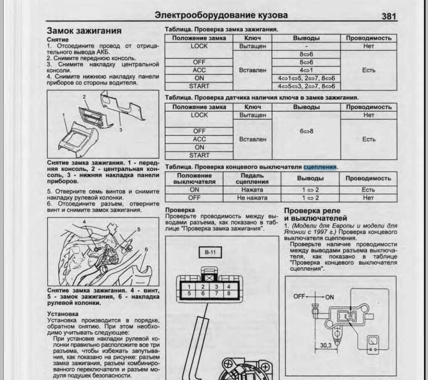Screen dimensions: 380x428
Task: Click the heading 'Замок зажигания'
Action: click(84, 31)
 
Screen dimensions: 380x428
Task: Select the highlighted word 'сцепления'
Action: click(320, 167)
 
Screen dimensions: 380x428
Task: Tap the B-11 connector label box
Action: click(210, 252)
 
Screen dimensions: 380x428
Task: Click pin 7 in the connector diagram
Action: click(217, 294)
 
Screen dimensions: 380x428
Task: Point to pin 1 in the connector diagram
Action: click(189, 286)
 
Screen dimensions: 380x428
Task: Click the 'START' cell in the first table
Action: click(199, 86)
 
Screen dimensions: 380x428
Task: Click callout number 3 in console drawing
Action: click(121, 130)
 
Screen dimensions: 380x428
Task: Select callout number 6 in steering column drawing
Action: click(146, 249)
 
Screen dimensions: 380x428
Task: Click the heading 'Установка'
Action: click(62, 313)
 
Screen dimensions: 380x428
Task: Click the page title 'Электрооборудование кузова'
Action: click(221, 15)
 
